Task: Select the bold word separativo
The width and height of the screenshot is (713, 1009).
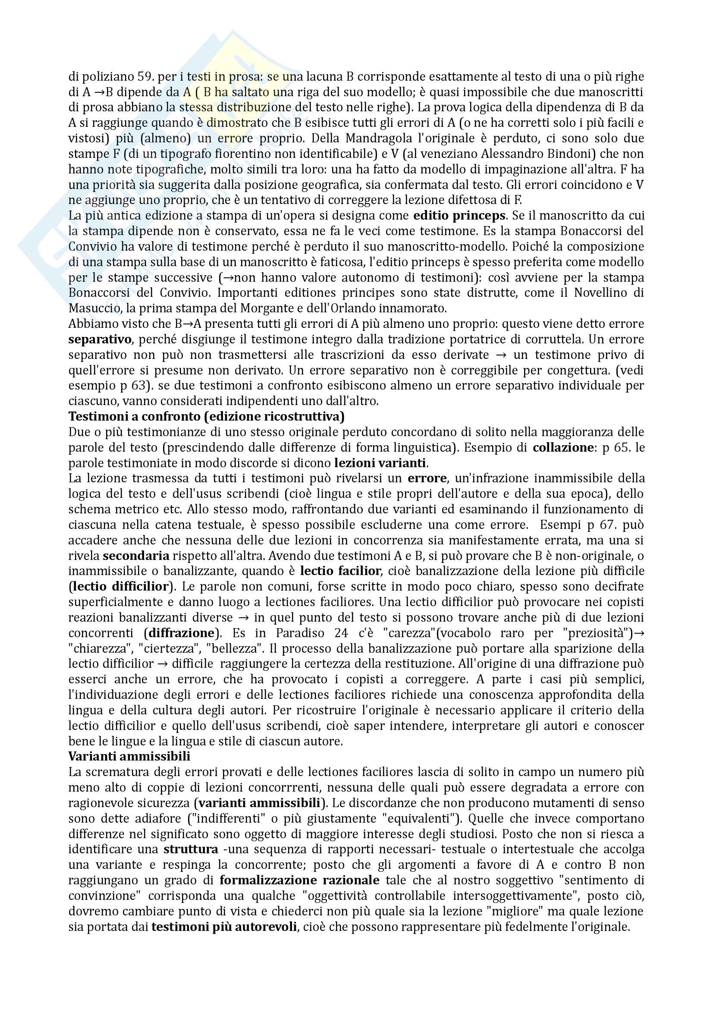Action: [100, 339]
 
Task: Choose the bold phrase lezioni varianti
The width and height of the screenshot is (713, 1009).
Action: [380, 463]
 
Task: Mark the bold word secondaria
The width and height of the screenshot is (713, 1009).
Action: [136, 556]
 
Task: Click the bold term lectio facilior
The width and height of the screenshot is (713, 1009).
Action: [340, 571]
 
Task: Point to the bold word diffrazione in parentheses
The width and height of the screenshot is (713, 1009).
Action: [181, 633]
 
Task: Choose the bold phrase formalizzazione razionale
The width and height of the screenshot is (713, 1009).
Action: [300, 880]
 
